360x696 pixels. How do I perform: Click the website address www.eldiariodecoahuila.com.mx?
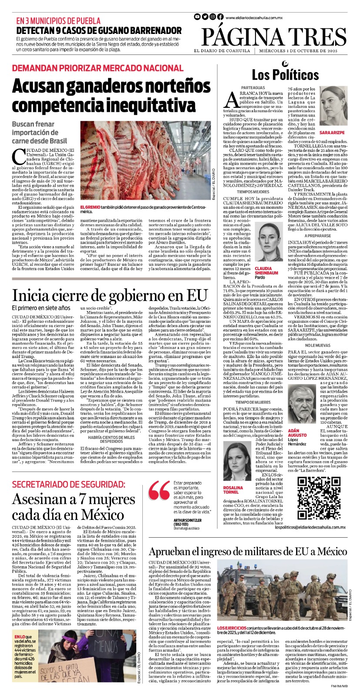point(254,17)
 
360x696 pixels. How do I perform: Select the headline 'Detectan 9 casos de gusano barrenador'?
point(99,30)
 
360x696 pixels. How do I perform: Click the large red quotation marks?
point(159,494)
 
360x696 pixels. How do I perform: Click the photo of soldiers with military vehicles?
point(282,599)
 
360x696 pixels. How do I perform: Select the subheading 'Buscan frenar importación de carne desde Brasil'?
point(40,132)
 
